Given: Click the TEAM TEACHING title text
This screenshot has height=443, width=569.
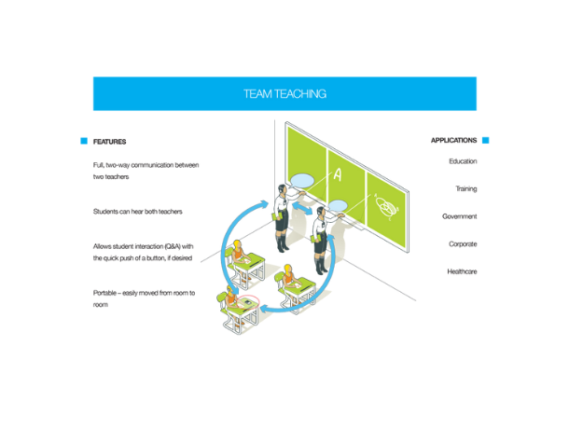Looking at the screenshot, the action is [x=284, y=94].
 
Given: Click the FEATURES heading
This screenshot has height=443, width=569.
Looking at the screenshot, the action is [x=109, y=142].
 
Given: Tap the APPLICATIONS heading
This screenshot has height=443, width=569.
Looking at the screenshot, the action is [x=453, y=141].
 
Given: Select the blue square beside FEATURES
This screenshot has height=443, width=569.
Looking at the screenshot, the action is [x=84, y=141].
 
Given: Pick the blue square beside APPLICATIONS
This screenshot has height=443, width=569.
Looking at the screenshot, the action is [x=486, y=140].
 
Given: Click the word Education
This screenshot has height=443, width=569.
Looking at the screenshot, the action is [x=463, y=161].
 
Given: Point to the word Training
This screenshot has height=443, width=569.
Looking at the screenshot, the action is [x=466, y=188].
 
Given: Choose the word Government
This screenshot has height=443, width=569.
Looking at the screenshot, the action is [x=460, y=216].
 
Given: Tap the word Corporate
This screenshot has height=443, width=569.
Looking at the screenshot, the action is [x=463, y=243].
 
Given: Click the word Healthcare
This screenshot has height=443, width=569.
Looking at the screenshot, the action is [x=462, y=271].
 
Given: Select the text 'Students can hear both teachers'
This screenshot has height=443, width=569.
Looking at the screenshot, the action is [x=137, y=212].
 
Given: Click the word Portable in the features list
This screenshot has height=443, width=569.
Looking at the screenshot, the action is [x=104, y=293].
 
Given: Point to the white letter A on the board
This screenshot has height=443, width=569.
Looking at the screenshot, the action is [x=338, y=174].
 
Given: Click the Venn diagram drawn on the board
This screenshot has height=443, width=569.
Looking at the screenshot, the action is [x=387, y=207].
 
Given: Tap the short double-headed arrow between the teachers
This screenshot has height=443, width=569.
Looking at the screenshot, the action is [x=302, y=209].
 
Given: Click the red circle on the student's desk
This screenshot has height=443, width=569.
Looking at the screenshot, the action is [x=248, y=302].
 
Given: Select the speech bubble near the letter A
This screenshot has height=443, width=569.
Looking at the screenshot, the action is [x=302, y=181].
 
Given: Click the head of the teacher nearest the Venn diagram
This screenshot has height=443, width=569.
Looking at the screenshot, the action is [x=321, y=212].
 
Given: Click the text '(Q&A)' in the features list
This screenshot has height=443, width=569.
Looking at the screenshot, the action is [x=173, y=246].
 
